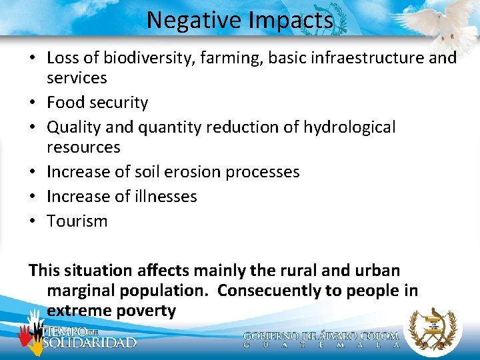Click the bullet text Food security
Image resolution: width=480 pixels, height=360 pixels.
click(x=97, y=103)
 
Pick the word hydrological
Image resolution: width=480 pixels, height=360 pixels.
click(x=349, y=127)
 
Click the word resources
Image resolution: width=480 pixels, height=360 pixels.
click(x=83, y=147)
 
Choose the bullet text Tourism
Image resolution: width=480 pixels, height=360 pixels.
click(x=77, y=221)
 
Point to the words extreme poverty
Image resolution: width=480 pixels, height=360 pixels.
click(x=111, y=311)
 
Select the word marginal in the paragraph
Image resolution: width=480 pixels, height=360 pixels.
click(x=83, y=291)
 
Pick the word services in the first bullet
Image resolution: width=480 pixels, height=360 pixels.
click(x=77, y=78)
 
